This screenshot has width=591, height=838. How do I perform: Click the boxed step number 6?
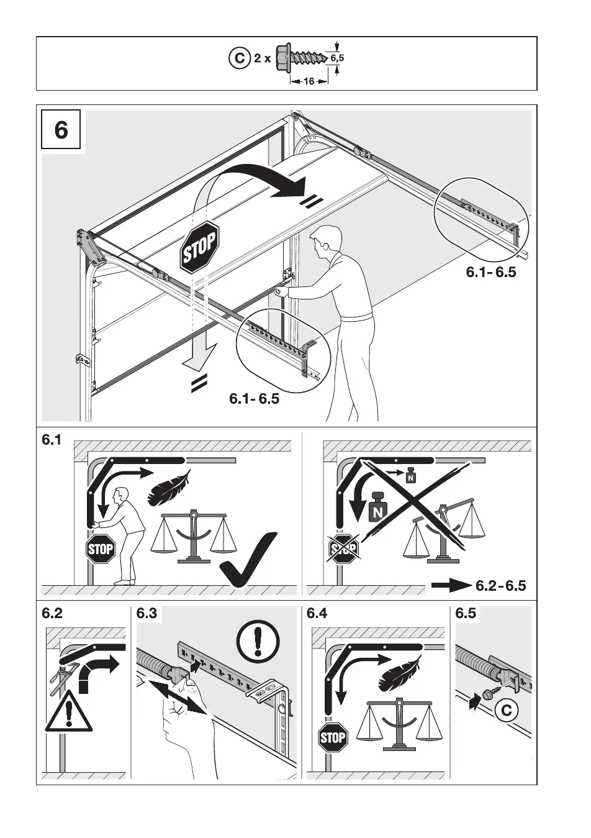61,130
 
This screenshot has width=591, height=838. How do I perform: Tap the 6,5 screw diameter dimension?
337,58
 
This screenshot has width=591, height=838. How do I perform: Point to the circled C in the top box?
238,59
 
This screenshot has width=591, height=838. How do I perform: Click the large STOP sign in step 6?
199,245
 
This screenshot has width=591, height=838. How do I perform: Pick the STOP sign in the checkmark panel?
101,549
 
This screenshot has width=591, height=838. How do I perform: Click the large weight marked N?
377,507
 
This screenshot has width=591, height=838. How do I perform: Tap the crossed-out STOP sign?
343,549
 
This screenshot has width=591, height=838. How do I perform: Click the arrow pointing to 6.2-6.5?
451,585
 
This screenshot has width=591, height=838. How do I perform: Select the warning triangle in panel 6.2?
68,711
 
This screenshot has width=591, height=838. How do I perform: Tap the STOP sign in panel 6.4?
333,737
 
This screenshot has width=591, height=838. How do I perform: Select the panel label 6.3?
147,614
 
